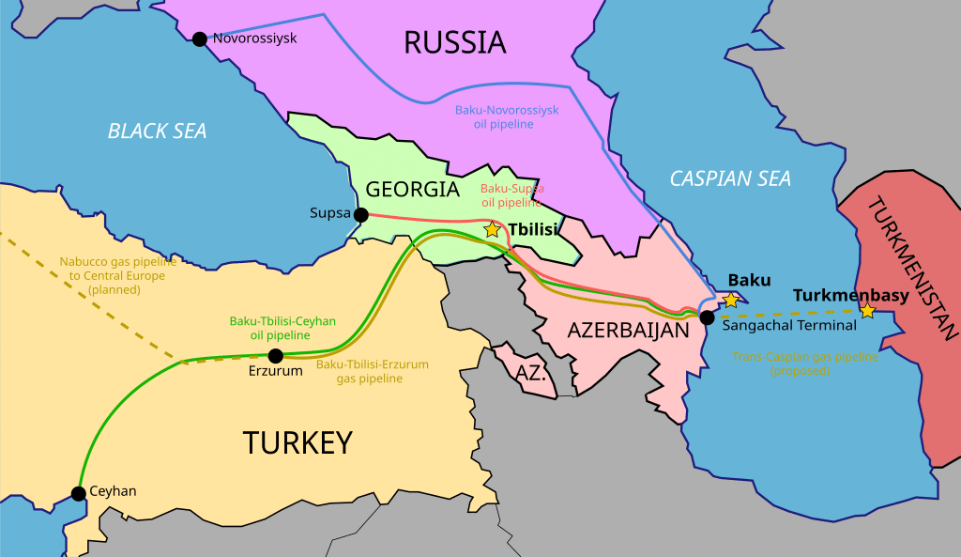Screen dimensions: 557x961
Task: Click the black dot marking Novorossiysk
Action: tap(199, 39)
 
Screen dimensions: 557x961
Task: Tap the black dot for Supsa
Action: tap(360, 214)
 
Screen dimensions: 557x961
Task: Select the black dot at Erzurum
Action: tap(275, 356)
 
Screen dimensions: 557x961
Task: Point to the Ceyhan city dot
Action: tap(79, 493)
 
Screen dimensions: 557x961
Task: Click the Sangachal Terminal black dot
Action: tap(707, 317)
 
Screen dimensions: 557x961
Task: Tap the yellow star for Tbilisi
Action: tap(492, 229)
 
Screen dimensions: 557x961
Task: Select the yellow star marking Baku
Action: tap(730, 300)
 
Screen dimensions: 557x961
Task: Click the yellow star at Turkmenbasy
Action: tap(867, 310)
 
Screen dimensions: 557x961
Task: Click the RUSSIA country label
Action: tap(454, 42)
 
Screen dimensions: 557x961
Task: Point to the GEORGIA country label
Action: tap(412, 189)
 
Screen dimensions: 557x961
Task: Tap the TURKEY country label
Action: tap(297, 441)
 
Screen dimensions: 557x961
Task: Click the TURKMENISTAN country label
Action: tap(911, 268)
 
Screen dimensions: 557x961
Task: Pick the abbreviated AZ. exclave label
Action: tap(530, 372)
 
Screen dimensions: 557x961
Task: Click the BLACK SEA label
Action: tap(157, 131)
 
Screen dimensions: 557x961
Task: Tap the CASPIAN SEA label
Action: tap(730, 178)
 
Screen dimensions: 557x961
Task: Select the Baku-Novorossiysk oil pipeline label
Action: tap(507, 116)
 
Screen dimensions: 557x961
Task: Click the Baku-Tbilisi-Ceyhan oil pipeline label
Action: tap(282, 328)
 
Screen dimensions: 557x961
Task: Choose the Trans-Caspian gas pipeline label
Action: tap(805, 364)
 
